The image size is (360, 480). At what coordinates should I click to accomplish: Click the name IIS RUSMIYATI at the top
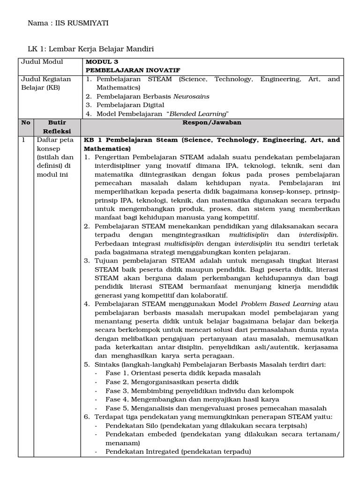82,23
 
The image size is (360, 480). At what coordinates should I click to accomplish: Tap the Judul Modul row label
42,62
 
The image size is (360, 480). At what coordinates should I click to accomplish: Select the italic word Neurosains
191,96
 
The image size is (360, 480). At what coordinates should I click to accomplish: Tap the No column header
26,123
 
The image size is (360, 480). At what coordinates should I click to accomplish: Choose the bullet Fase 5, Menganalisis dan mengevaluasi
216,408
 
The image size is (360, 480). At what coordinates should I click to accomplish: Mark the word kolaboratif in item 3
207,295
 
